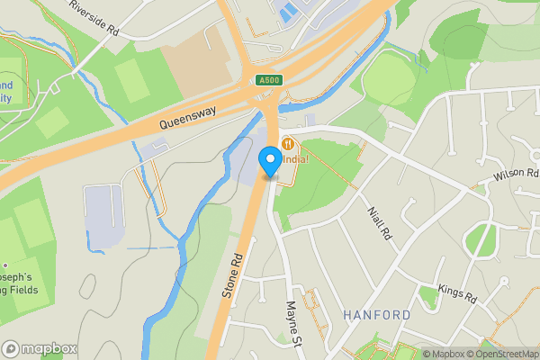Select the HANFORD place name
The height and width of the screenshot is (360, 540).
(377, 315)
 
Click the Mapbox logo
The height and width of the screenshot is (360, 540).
(40, 348)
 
